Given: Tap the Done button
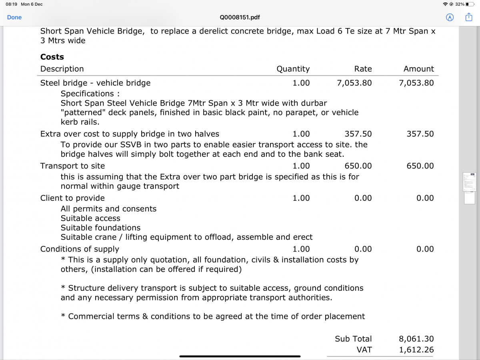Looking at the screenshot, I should [14, 17].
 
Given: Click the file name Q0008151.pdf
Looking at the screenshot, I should [240, 18].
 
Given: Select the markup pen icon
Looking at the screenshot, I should [450, 17].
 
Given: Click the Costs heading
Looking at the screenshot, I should [52, 57].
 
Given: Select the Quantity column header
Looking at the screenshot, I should [293, 69].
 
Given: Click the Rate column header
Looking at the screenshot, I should [363, 69].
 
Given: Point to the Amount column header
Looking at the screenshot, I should [418, 69].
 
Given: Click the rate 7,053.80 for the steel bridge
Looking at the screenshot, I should [354, 83].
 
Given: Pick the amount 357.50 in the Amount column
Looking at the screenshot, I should [420, 134].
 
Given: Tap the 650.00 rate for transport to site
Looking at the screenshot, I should [358, 166].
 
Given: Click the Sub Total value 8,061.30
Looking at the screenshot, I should [416, 339].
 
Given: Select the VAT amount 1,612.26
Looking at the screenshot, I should [416, 350].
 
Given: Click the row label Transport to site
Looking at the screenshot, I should [72, 166].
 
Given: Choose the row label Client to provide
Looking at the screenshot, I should [72, 198].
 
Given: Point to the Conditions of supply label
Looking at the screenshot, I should [80, 249].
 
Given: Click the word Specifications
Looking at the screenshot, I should [88, 94].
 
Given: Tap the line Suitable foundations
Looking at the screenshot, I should [100, 228].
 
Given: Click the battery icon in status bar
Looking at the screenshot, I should [470, 4].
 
